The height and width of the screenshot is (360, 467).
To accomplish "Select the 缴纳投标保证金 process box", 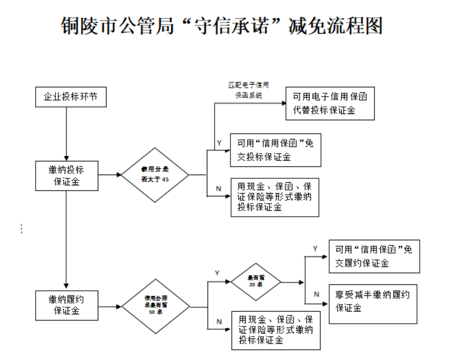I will point(66,175).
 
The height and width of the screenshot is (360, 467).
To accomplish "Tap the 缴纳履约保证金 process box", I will point(66,304).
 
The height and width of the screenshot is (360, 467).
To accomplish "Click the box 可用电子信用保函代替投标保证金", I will point(330,103).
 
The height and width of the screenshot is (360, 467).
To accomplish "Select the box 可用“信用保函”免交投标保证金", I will point(275,150).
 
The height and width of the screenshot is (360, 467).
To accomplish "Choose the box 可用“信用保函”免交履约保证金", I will point(374,256).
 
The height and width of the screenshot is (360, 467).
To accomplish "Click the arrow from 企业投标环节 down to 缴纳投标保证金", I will point(66,132).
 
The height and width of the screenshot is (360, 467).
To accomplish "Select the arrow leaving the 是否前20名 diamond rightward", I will point(292,283).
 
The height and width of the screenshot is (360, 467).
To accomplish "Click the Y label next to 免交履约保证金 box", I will point(315,249).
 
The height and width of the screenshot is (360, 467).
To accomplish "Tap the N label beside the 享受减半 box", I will point(316,294).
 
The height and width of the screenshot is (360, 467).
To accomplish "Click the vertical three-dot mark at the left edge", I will point(21,229).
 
